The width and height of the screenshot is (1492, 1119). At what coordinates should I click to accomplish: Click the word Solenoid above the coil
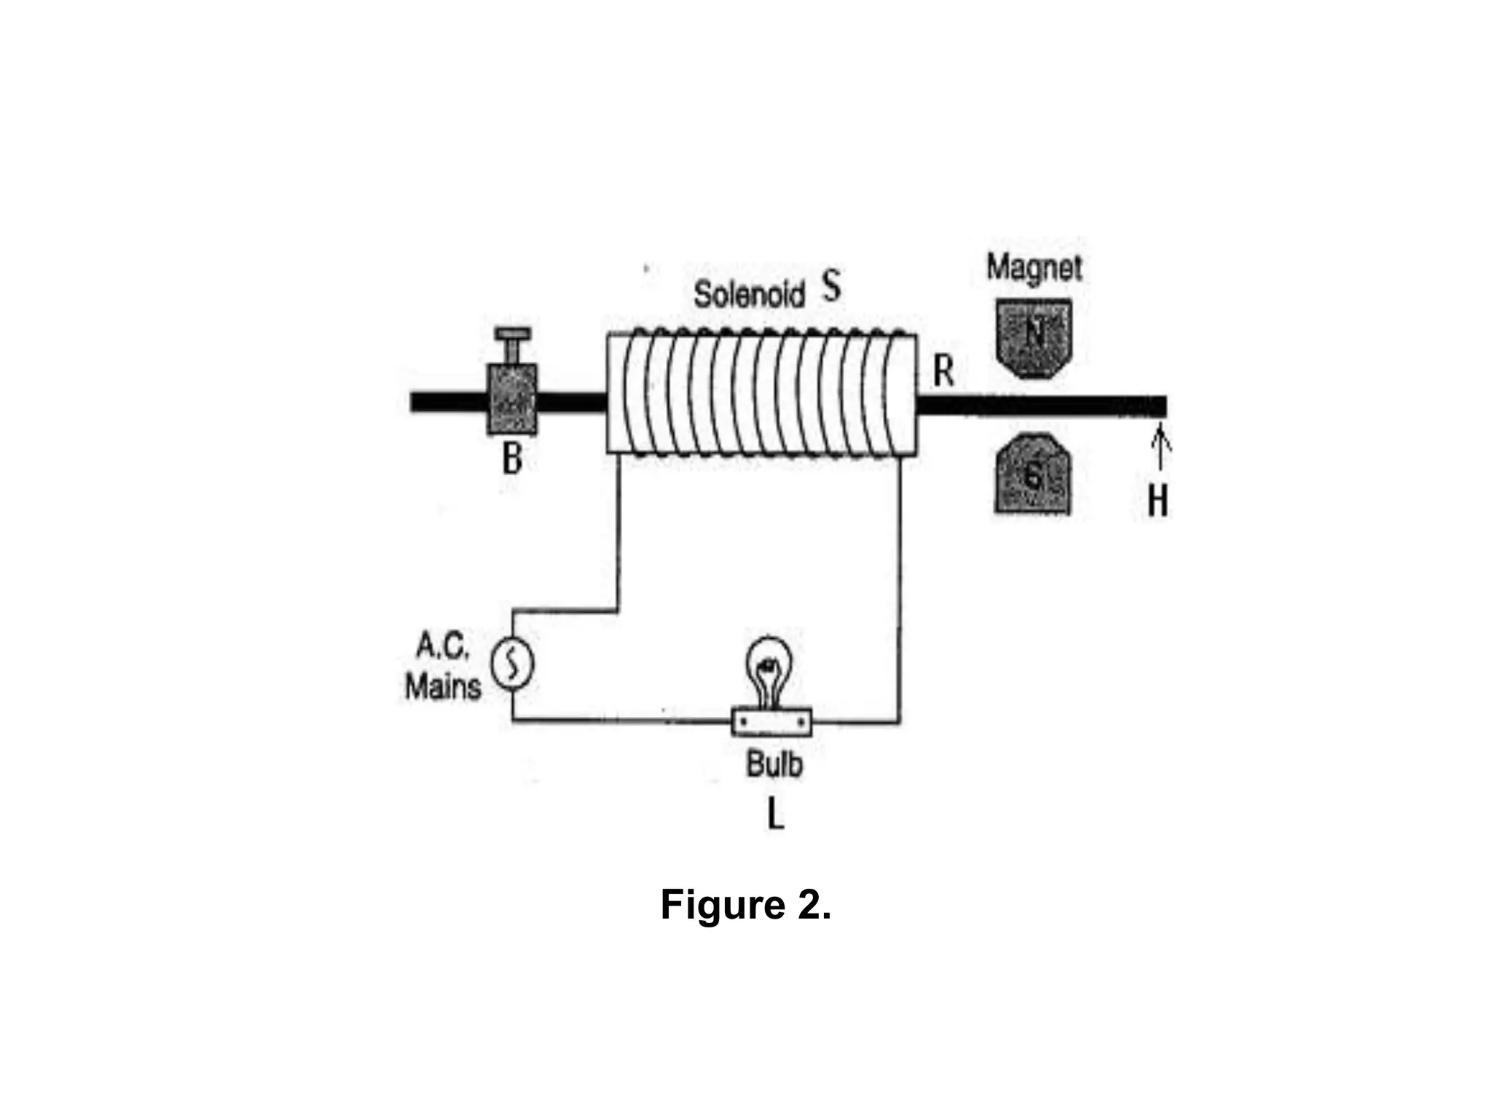[x=748, y=294]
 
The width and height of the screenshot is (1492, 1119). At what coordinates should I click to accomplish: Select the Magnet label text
[x=1034, y=267]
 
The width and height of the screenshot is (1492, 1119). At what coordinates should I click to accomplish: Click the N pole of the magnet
[x=1034, y=337]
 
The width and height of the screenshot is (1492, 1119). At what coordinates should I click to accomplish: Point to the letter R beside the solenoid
[x=943, y=371]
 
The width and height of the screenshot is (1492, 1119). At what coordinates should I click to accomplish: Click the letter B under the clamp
[x=512, y=459]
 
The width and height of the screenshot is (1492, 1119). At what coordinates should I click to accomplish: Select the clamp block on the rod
[x=511, y=399]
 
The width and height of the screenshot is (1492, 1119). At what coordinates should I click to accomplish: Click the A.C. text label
[x=442, y=645]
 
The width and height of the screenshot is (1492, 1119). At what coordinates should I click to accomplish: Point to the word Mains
[x=443, y=686]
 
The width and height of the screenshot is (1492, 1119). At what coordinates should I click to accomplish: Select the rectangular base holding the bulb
[x=771, y=722]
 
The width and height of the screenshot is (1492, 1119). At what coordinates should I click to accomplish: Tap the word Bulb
[x=774, y=764]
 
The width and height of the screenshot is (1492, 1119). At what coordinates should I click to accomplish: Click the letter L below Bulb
[x=776, y=816]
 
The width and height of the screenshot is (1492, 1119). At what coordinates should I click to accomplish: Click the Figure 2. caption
[x=745, y=905]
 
